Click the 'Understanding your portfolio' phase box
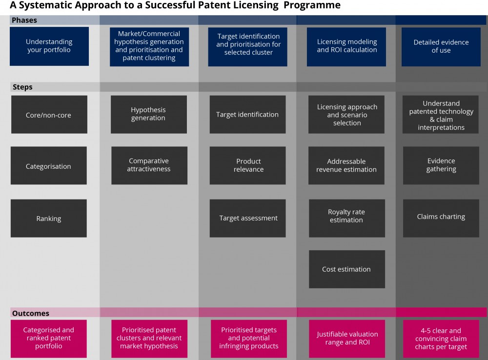coord(49,46)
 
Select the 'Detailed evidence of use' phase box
coord(441,47)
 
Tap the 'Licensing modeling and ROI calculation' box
coord(346,47)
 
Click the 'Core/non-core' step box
coord(49,115)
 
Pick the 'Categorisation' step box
coord(49,165)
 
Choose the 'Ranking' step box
coord(49,219)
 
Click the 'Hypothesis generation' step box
coord(149,115)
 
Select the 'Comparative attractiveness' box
coord(149,165)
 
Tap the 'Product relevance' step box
coord(248,165)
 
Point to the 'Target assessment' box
coord(248,219)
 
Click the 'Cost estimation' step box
coord(347,269)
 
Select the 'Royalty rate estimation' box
coord(347,219)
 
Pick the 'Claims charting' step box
coord(441,219)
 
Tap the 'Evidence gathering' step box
coord(441,165)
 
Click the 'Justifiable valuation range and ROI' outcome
coord(347,339)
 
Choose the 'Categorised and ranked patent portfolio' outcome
coord(49,339)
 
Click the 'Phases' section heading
coord(24,20)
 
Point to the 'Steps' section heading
coord(22,87)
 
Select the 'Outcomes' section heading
coord(30,313)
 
